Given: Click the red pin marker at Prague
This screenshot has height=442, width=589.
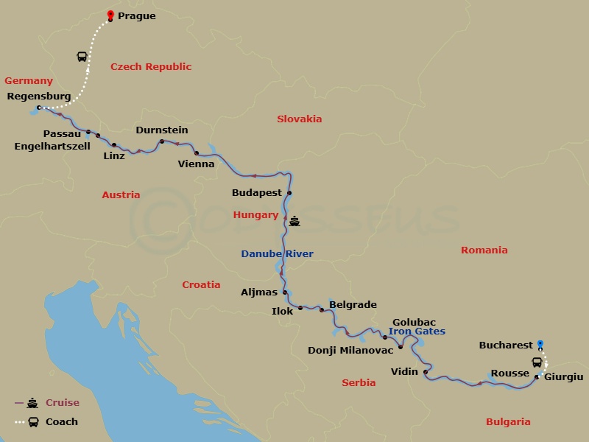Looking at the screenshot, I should click(110, 15).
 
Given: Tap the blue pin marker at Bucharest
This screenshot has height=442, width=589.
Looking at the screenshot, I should click(540, 343).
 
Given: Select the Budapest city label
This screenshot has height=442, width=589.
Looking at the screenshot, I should click(257, 193).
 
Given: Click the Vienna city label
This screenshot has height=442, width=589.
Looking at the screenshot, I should click(196, 164).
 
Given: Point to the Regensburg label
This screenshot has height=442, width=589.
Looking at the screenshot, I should click(38, 96).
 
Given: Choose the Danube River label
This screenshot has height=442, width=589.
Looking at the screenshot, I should click(277, 254).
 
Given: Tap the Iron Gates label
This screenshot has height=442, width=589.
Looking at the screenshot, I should click(417, 331).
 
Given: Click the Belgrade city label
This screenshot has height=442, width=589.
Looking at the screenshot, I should click(353, 304).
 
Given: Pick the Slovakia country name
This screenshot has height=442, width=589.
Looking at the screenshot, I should click(299, 119).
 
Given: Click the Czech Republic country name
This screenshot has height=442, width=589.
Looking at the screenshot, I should click(151, 67).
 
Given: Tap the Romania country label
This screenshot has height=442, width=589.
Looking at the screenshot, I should click(484, 250).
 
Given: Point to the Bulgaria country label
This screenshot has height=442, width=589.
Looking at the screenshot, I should click(508, 422).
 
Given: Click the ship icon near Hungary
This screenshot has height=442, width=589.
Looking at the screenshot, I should click(294, 220).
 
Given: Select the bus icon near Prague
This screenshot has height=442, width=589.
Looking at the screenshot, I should click(81, 57).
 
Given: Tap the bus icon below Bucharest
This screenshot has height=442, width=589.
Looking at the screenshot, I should click(538, 362).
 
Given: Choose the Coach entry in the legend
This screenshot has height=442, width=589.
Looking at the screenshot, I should click(61, 422).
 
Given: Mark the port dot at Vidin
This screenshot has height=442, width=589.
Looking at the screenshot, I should click(426, 372).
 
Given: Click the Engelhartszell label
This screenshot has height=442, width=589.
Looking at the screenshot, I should click(52, 146).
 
